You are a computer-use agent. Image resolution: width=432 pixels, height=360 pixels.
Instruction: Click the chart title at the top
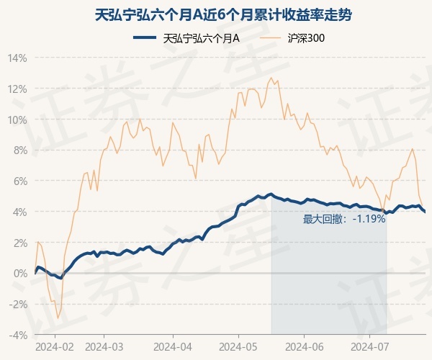(216, 14)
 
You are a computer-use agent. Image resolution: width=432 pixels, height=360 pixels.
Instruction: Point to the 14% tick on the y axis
(18, 58)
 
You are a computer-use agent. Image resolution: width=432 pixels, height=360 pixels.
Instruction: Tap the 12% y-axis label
(18, 89)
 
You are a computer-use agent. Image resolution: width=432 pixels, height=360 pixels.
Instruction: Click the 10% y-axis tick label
(18, 120)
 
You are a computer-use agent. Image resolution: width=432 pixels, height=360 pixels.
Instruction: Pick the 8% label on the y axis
(20, 150)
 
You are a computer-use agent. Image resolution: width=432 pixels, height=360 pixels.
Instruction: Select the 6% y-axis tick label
(20, 181)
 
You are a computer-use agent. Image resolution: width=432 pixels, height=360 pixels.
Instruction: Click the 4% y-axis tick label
(20, 212)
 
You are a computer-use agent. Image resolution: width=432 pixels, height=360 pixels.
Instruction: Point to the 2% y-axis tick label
(20, 243)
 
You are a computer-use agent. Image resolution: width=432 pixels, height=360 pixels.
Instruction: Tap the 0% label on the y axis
(20, 274)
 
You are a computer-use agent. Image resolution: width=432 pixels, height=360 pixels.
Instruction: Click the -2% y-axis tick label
(19, 305)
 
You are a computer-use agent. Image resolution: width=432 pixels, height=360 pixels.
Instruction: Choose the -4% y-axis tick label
(19, 335)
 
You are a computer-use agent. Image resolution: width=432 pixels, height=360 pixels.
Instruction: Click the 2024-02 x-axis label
(55, 346)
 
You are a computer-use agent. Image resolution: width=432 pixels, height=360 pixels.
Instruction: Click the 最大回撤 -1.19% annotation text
(344, 219)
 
